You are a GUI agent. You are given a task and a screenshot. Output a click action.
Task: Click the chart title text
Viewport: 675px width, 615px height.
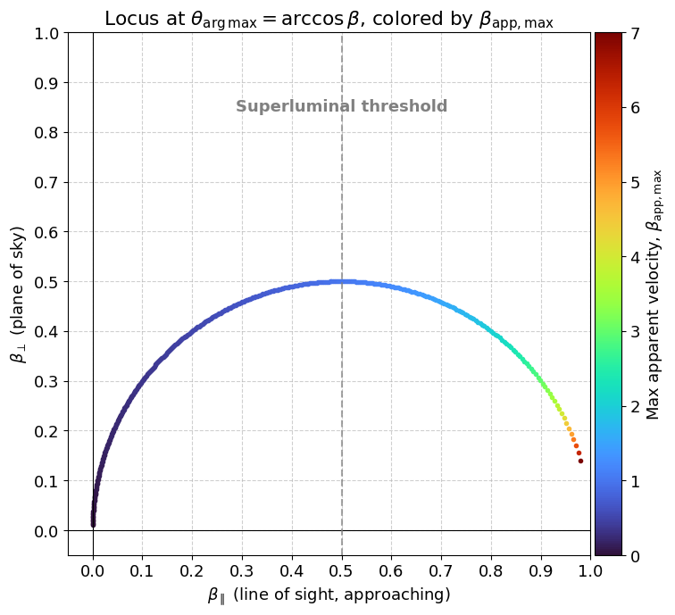[x=329, y=19]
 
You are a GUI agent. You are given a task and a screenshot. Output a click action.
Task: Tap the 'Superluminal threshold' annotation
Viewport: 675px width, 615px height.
[x=341, y=107]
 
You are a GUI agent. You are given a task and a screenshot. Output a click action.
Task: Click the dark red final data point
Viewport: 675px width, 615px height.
[x=580, y=461]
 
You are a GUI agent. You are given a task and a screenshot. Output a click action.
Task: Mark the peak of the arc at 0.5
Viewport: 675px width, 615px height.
[x=341, y=281]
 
